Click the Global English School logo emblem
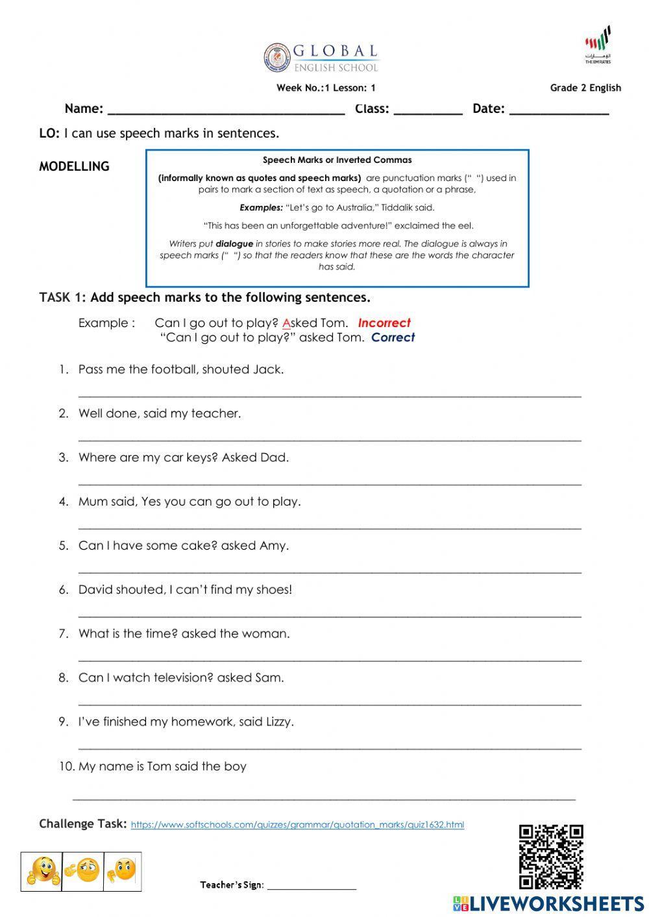277,58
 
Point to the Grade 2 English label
585,88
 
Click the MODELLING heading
74,166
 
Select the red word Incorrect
384,323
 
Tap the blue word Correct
393,337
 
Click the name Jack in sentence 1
268,370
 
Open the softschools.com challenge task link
297,825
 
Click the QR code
551,856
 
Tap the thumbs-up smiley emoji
42,872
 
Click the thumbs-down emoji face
123,872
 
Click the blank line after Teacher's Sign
312,886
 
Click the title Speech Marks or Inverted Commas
337,160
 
